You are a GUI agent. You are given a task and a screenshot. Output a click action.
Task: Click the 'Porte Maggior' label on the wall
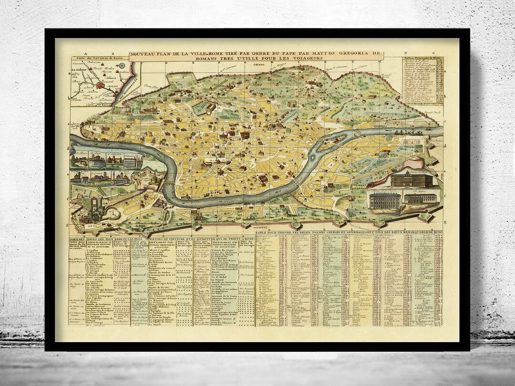coord(278,67)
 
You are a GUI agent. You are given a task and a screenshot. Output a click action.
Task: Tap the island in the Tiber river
coord(336,139)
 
